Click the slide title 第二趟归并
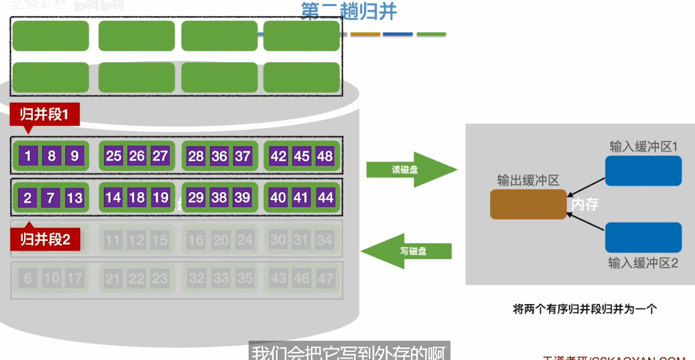point(349,11)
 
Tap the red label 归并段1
point(44,115)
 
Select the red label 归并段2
point(45,239)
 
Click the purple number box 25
point(113,156)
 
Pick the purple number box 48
point(325,156)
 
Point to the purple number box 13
point(75,197)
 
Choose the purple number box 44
point(325,197)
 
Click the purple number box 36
point(219,156)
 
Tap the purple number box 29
point(196,197)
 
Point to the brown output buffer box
point(528,204)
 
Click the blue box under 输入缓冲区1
point(643,171)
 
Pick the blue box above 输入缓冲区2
point(643,237)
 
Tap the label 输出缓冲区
point(528,181)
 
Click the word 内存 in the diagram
point(585,204)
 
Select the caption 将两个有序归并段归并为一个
point(584,309)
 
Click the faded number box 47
point(325,278)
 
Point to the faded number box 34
point(325,239)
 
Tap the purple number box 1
point(28,156)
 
